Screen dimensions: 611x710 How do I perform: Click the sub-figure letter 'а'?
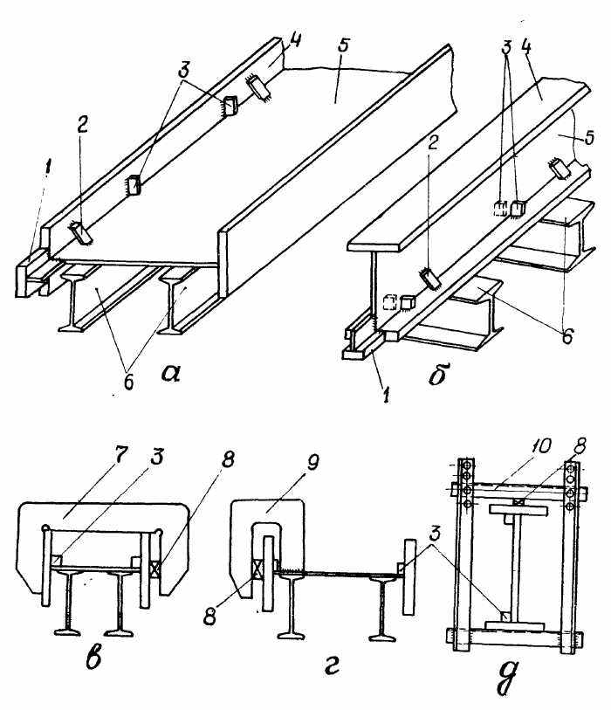pyautogui.click(x=171, y=374)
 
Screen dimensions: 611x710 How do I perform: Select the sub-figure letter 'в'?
pyautogui.click(x=93, y=657)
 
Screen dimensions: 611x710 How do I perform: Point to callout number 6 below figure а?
pyautogui.click(x=128, y=382)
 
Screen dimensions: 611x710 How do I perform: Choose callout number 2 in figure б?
pyautogui.click(x=433, y=145)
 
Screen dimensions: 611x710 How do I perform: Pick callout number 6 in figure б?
pyautogui.click(x=567, y=335)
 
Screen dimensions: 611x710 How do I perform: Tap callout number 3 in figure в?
pyautogui.click(x=157, y=458)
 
